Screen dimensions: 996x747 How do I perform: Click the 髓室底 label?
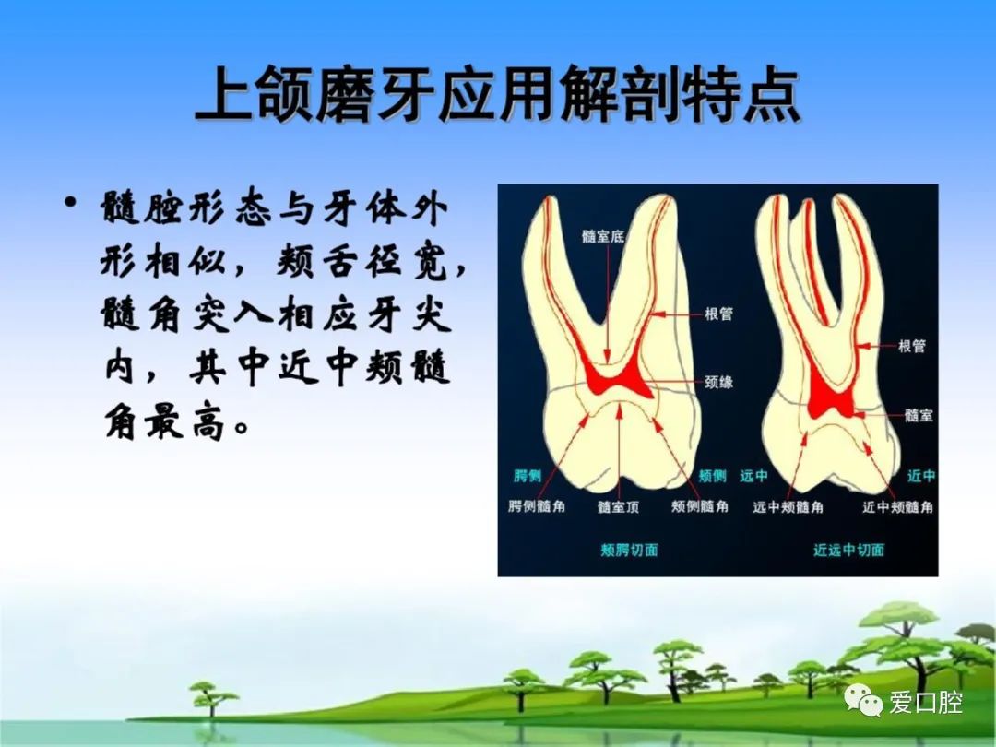[603, 236]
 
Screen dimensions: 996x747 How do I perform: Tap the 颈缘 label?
[718, 382]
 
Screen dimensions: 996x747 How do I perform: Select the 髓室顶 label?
[618, 507]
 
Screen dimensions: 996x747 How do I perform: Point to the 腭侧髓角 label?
[537, 506]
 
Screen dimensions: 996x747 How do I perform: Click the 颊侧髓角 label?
[700, 506]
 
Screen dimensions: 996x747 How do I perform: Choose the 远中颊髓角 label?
[788, 507]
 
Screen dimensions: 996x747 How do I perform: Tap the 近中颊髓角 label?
[897, 507]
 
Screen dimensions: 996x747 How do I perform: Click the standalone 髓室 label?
[919, 415]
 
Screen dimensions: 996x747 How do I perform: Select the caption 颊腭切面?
[629, 550]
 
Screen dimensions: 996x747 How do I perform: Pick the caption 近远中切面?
[848, 550]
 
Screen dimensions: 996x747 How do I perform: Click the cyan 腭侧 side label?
[527, 476]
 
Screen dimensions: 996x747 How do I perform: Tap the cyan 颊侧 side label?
[713, 476]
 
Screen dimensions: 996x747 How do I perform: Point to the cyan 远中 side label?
[754, 476]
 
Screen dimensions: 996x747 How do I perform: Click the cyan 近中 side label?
[921, 476]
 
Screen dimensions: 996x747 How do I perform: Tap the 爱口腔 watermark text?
[926, 702]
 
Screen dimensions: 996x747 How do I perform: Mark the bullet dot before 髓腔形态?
[70, 203]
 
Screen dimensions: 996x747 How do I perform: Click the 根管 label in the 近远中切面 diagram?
[912, 346]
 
